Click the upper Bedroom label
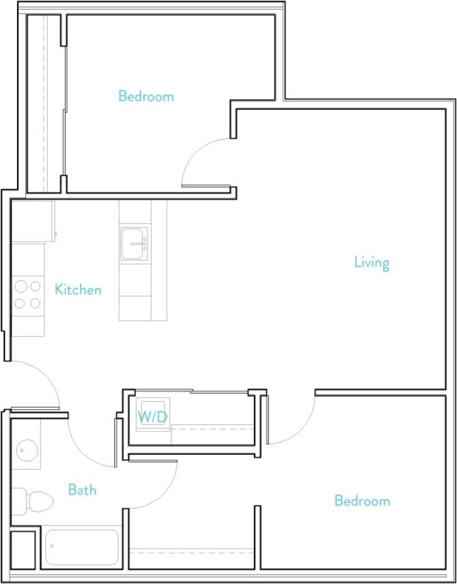pyautogui.click(x=146, y=96)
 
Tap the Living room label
pyautogui.click(x=372, y=262)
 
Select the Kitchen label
pyautogui.click(x=78, y=290)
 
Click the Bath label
pyautogui.click(x=82, y=490)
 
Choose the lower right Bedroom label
pyautogui.click(x=362, y=501)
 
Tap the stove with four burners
pyautogui.click(x=27, y=295)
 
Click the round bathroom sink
pyautogui.click(x=27, y=451)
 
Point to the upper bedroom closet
pyautogui.click(x=45, y=102)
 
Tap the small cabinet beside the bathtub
pyautogui.click(x=24, y=548)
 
